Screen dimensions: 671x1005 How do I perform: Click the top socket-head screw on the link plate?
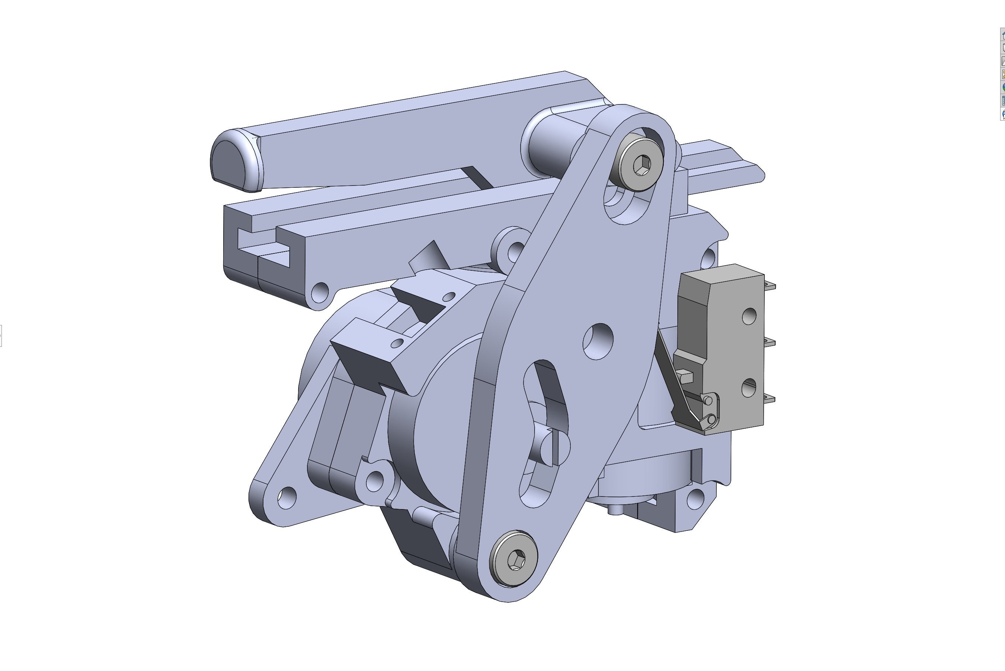641,164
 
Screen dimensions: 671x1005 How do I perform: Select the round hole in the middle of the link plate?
598,341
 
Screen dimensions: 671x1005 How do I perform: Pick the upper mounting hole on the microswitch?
749,316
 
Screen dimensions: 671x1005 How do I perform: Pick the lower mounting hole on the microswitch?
749,388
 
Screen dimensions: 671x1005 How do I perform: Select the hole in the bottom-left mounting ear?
286,498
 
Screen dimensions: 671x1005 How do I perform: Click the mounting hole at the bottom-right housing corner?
695,498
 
